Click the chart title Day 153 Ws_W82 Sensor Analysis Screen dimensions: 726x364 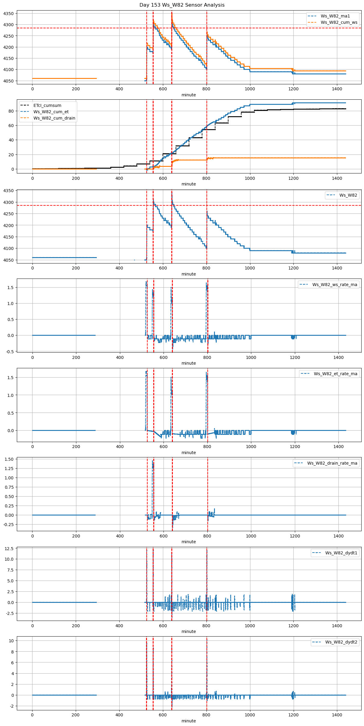tap(182, 5)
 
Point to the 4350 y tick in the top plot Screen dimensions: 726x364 tap(8, 14)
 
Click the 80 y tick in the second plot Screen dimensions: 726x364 tap(11, 111)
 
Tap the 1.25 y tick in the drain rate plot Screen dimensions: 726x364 tap(9, 469)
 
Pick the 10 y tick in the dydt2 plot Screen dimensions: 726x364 tap(11, 641)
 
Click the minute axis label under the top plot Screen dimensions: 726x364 tap(189, 95)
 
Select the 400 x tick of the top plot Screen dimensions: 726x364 tap(119, 89)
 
